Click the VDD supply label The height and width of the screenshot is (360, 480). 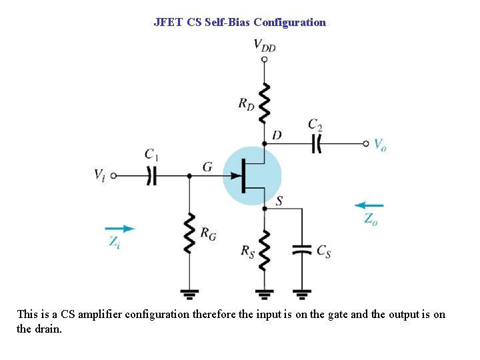pos(265,45)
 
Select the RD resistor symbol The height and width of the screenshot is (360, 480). pos(265,103)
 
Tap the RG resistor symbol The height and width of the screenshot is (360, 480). pos(189,233)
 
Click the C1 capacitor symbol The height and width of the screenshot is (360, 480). pos(152,176)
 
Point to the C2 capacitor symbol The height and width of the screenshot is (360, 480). pos(317,143)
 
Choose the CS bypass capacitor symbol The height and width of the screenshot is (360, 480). pos(302,250)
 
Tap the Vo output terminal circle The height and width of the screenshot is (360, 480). pos(366,143)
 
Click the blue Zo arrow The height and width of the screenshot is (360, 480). pos(369,205)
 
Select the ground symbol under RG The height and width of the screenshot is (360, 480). pos(189,293)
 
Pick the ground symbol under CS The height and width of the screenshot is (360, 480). pos(302,293)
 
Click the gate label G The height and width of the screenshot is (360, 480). pos(207,166)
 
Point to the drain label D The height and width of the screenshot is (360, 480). pos(277,135)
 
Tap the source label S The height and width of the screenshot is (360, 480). pos(279,201)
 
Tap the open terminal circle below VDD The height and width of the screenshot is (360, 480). pos(265,59)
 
